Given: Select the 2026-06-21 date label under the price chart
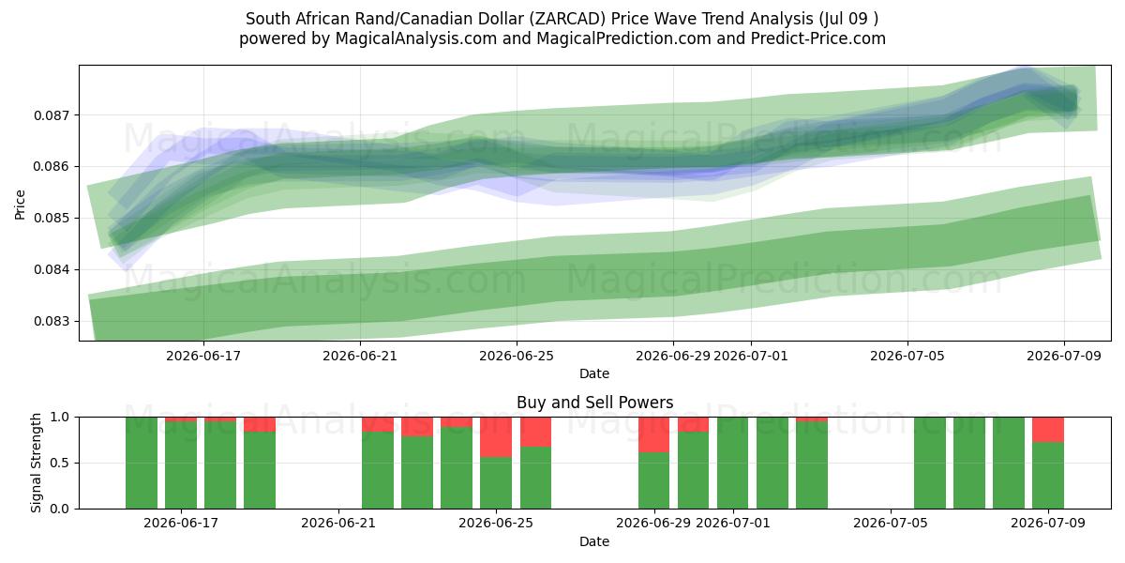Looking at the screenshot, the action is pyautogui.click(x=360, y=356).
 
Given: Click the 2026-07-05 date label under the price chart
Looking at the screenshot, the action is pyautogui.click(x=907, y=356).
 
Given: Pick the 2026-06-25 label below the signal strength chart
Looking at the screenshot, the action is pyautogui.click(x=496, y=524).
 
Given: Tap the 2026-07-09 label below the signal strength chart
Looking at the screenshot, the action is pyautogui.click(x=1048, y=524).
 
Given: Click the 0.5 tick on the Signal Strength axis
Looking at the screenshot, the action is pyautogui.click(x=60, y=463).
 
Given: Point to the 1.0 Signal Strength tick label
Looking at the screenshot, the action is pyautogui.click(x=60, y=418).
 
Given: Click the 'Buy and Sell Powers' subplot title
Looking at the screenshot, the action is pyautogui.click(x=594, y=403).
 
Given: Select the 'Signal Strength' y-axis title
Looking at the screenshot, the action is pyautogui.click(x=36, y=463).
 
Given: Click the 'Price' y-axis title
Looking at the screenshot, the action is pyautogui.click(x=20, y=205).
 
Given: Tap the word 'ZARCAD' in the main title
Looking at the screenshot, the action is pyautogui.click(x=567, y=19).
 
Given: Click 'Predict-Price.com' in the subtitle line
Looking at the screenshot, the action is pyautogui.click(x=818, y=38).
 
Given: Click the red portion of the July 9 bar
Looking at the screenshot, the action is pyautogui.click(x=1048, y=430).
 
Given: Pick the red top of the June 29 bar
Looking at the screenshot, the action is pyautogui.click(x=654, y=434).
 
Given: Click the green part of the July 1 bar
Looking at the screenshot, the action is pyautogui.click(x=733, y=463).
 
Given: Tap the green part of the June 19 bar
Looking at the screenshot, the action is pyautogui.click(x=260, y=470).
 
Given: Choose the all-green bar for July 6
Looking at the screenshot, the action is pyautogui.click(x=930, y=463).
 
